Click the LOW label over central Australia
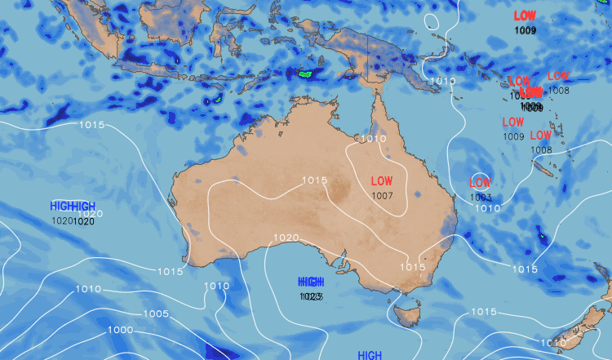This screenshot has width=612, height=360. pos(382,180)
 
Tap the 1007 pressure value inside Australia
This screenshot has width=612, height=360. pos(382,195)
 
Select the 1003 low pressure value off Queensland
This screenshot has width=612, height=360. pos(481,197)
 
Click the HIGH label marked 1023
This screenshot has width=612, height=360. pos(311,281)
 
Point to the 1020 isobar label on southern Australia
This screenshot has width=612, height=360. pos(286,238)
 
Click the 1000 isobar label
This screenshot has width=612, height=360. pos(120,330)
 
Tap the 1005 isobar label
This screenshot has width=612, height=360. pos(155,313)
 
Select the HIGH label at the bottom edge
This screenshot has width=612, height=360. pos(370,355)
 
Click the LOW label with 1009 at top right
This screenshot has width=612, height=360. pos(526,16)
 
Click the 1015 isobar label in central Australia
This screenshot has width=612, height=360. pos(314,180)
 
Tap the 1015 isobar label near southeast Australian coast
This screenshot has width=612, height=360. pos(412,266)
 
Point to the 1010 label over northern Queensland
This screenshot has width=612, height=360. pos(371,139)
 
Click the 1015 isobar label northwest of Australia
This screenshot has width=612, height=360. pos(91,125)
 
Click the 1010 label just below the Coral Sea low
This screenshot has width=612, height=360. pos(488,208)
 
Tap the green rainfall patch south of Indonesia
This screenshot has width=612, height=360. pos(306,74)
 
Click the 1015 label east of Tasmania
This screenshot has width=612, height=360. pos(483,312)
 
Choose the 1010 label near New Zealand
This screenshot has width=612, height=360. pos(553,343)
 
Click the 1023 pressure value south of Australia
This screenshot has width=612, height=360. pos(311,296)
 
